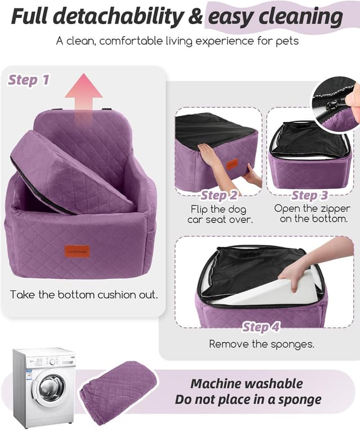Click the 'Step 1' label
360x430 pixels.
29,80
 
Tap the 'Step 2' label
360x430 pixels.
219,196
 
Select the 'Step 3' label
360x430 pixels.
309,196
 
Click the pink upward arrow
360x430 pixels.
83,93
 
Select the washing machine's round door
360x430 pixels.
51,388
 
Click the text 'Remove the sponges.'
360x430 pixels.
262,343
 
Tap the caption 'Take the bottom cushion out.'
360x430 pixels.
84,295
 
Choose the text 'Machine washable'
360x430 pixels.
246,384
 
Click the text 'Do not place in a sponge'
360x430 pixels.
248,400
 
